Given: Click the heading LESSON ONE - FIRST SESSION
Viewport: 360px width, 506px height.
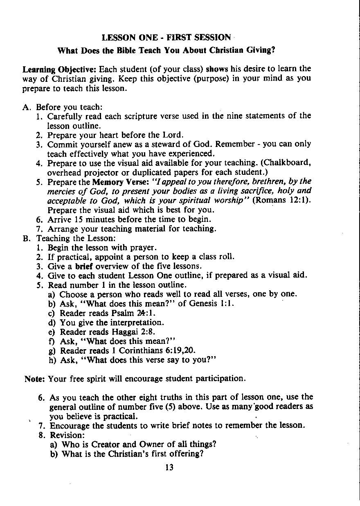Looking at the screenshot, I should pos(166,38).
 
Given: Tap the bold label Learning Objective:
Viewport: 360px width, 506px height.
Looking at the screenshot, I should pos(59,68).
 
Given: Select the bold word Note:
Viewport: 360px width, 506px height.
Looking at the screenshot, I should pos(35,378).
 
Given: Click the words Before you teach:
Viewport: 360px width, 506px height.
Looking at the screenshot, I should pos(69,107).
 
